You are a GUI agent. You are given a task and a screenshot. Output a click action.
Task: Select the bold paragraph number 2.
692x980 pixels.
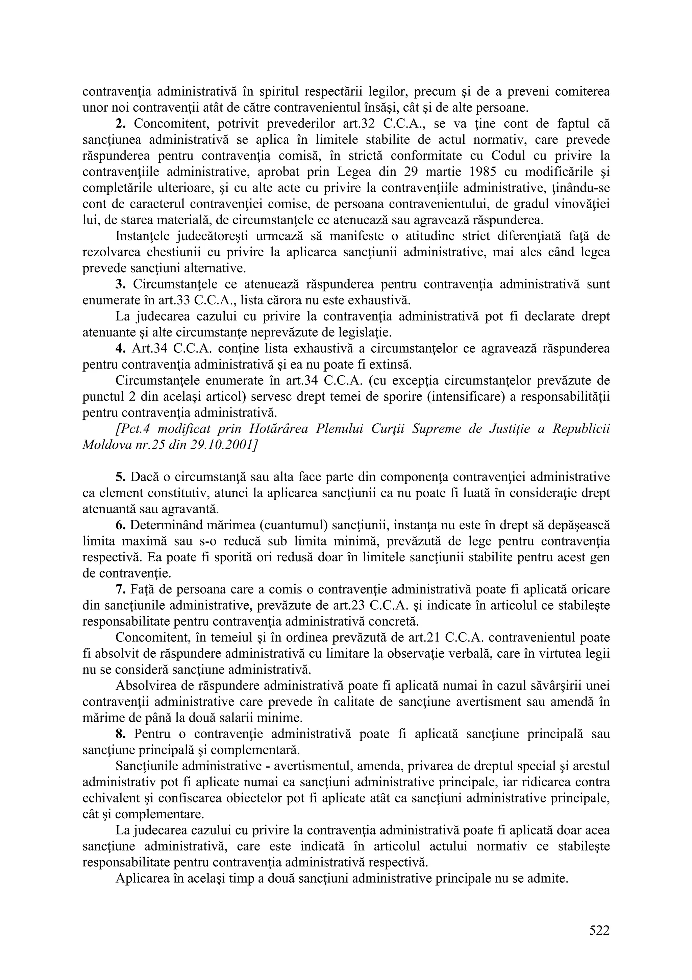tap(120, 124)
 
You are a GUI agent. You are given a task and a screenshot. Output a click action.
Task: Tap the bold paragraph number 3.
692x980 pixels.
tap(120, 284)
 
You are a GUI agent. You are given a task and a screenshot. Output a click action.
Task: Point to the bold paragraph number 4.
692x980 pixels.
tap(120, 348)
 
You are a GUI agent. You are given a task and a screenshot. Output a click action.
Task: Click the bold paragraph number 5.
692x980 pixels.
tap(120, 477)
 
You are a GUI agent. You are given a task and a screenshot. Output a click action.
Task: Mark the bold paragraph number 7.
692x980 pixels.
tap(120, 589)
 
